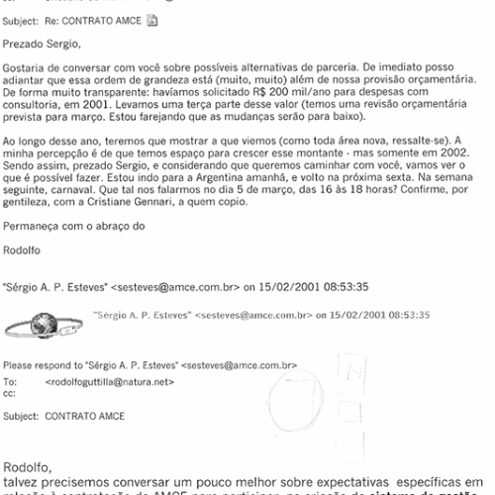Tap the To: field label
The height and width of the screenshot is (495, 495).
click(x=11, y=380)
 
